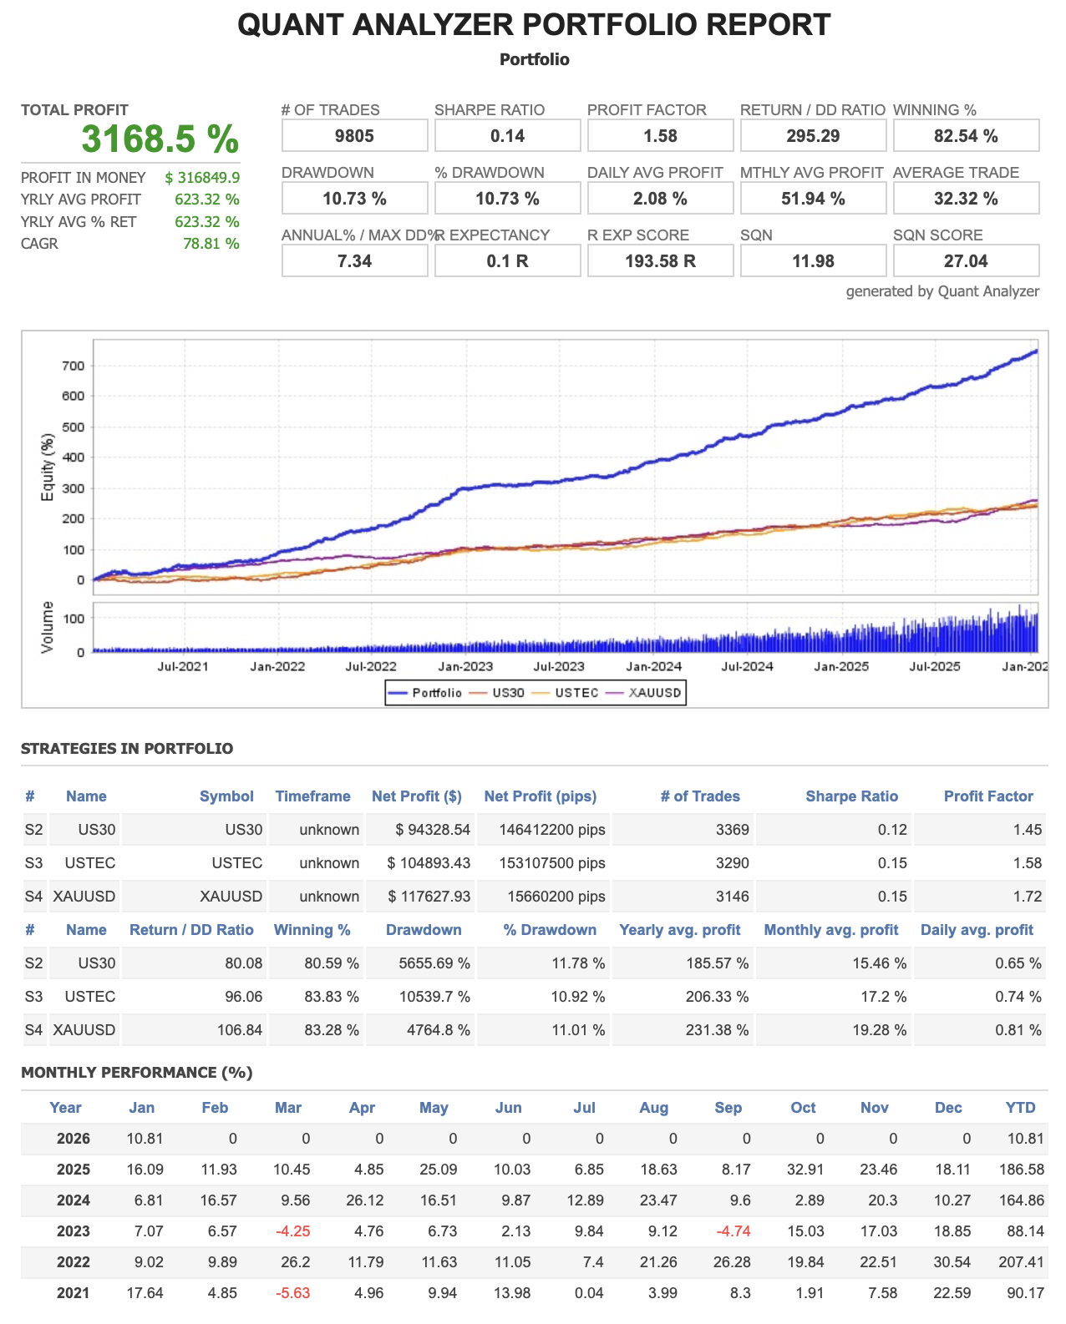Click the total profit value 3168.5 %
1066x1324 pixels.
click(x=160, y=139)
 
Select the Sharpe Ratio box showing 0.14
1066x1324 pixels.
click(x=507, y=136)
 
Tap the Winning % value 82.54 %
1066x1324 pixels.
click(x=966, y=136)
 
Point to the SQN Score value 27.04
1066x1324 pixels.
click(x=966, y=261)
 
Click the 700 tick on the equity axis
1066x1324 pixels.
click(x=73, y=366)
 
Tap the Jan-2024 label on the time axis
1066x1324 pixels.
click(x=654, y=666)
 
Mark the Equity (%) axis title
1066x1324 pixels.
click(x=48, y=467)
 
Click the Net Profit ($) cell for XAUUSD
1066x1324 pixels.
click(x=429, y=897)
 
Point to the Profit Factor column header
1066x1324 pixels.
click(x=988, y=796)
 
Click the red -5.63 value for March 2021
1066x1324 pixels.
click(x=292, y=1293)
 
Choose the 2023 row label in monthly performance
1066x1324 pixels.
click(x=73, y=1231)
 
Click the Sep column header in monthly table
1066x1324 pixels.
click(x=728, y=1108)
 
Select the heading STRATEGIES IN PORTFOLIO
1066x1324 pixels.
click(x=127, y=749)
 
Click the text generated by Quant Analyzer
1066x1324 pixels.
click(x=942, y=291)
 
